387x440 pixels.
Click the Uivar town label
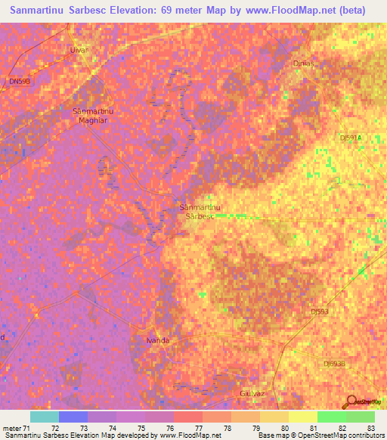pos(79,50)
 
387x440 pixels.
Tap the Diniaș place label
pos(302,64)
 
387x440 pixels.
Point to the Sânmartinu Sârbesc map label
pos(200,211)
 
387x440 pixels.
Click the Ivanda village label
pos(157,341)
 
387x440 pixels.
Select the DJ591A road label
pos(351,138)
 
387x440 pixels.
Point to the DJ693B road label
pos(333,364)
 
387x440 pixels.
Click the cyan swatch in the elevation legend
pos(45,417)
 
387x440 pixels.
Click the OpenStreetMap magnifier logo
pos(351,402)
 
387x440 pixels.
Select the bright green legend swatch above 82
pos(332,417)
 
